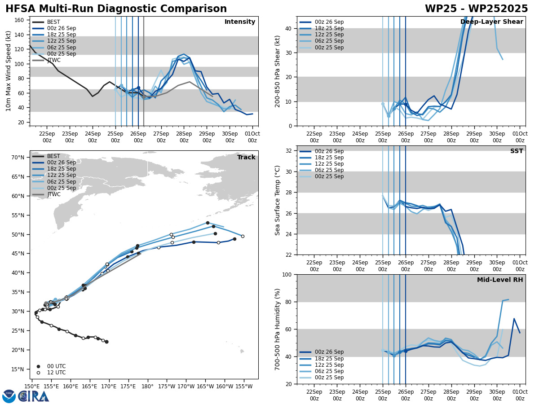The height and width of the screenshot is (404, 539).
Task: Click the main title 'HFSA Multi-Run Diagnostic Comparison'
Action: pyautogui.click(x=116, y=9)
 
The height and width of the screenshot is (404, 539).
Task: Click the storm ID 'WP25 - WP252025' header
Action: pyautogui.click(x=476, y=9)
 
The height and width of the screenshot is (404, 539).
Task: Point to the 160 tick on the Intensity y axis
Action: pyautogui.click(x=20, y=20)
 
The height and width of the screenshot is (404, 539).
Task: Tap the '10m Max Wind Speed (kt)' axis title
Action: pyautogui.click(x=9, y=71)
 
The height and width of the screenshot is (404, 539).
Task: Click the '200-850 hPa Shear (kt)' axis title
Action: pyautogui.click(x=278, y=71)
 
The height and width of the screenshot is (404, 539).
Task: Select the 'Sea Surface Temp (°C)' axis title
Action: pyautogui.click(x=278, y=200)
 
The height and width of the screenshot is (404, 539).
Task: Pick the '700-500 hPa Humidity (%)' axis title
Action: pyautogui.click(x=278, y=329)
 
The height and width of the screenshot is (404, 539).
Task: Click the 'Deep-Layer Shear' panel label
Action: pyautogui.click(x=491, y=22)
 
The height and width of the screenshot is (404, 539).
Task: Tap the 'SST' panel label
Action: pyautogui.click(x=516, y=151)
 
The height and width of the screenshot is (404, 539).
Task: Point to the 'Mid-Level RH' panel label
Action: pyautogui.click(x=500, y=280)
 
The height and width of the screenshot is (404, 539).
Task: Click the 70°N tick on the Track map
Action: pyautogui.click(x=18, y=158)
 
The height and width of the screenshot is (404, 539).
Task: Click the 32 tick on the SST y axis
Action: pyautogui.click(x=289, y=151)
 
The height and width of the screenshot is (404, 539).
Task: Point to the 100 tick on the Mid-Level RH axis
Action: pyautogui.click(x=286, y=275)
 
